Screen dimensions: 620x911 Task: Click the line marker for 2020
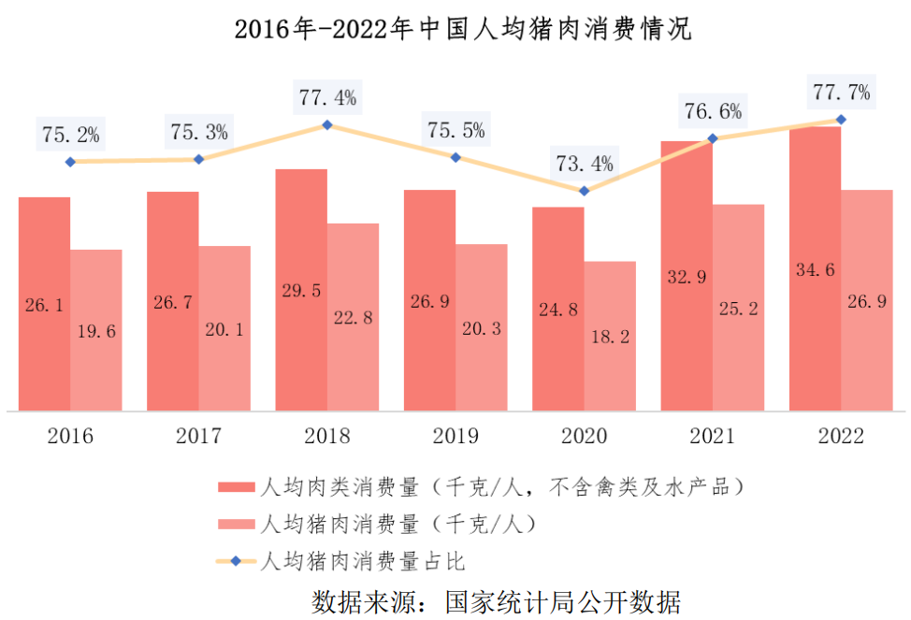click(x=585, y=191)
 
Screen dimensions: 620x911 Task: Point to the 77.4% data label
click(x=327, y=97)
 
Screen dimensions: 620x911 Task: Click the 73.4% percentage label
click(x=585, y=165)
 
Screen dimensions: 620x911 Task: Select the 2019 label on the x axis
click(x=455, y=437)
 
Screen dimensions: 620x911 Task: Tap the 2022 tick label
click(x=841, y=437)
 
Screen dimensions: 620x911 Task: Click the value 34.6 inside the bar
click(x=815, y=270)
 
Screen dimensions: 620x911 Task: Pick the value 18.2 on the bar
click(x=610, y=334)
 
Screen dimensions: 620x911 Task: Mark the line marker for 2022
click(x=841, y=120)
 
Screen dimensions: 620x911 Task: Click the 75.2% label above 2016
click(x=71, y=135)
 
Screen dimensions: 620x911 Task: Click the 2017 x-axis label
click(x=198, y=437)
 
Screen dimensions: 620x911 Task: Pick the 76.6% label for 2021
click(x=713, y=112)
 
